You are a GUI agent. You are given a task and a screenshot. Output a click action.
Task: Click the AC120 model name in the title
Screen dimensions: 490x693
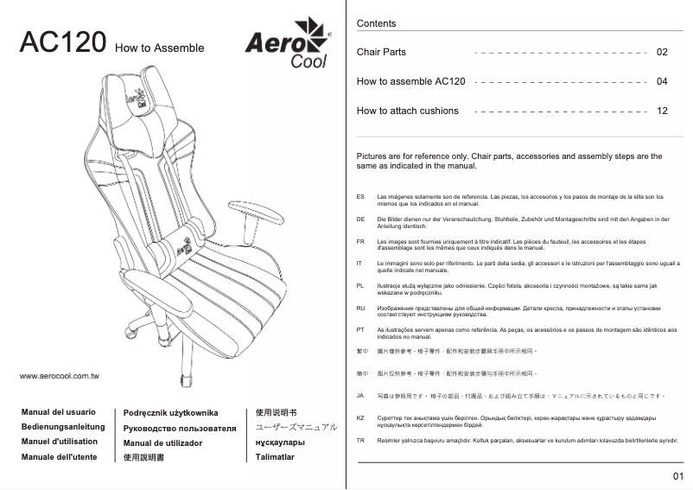click(63, 44)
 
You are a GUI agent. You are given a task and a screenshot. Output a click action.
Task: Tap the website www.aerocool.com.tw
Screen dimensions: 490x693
click(60, 377)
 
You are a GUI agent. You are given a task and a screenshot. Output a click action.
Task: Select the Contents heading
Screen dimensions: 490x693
click(376, 23)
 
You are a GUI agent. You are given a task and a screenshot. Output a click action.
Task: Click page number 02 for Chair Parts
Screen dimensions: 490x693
click(662, 53)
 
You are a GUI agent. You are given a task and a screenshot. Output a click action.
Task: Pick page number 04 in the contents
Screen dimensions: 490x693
click(662, 82)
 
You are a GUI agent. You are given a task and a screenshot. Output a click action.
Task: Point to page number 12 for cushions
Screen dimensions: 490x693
click(662, 111)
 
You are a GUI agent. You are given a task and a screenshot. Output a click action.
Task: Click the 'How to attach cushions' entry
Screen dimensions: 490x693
click(407, 111)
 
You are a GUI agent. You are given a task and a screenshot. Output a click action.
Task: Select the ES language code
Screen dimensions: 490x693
click(360, 198)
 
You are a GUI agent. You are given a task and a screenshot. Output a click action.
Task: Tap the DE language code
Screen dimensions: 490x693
click(360, 220)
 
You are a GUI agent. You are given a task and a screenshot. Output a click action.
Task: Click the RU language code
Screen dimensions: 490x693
click(360, 308)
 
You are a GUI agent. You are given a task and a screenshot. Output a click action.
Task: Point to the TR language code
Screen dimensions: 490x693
click(360, 440)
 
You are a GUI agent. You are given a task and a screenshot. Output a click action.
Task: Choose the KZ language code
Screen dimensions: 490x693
click(360, 417)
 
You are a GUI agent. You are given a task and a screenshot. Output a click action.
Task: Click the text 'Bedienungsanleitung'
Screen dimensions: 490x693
click(62, 427)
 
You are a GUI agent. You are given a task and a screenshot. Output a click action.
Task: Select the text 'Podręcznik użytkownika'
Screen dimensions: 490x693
click(171, 414)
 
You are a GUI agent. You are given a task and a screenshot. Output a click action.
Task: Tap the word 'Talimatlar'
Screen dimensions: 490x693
click(270, 456)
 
